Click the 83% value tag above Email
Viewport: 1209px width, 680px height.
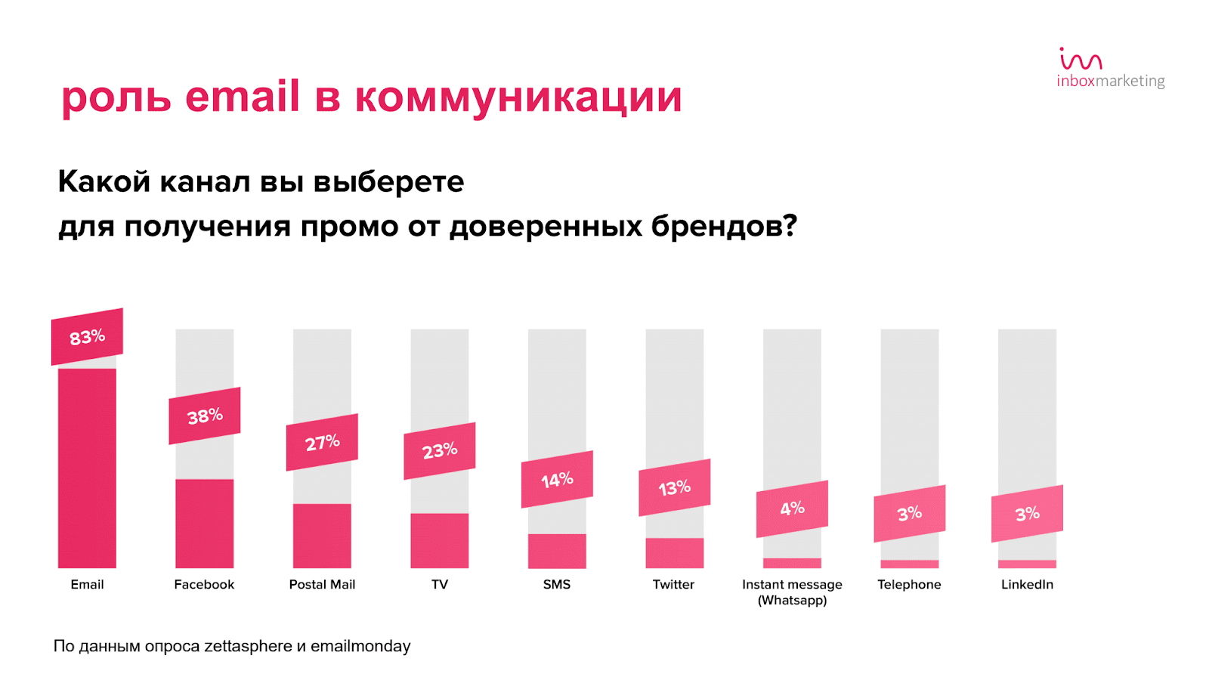coord(87,337)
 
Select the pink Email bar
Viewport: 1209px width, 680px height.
coord(87,468)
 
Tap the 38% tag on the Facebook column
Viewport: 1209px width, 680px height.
coord(205,416)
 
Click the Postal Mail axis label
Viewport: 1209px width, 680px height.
coord(322,584)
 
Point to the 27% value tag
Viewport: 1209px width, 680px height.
coord(322,443)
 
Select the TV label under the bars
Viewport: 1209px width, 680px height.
coord(440,584)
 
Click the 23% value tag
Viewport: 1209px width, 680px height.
coord(440,451)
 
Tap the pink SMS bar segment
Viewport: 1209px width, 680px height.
coord(557,551)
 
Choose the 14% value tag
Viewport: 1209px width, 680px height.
coord(557,480)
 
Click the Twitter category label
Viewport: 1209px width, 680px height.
coord(673,584)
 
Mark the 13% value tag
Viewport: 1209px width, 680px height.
coord(675,488)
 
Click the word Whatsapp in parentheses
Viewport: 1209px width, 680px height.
coord(793,601)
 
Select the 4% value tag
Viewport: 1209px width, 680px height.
coord(792,509)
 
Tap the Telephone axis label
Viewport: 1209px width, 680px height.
coord(909,584)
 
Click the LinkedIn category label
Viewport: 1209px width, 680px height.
coord(1027,584)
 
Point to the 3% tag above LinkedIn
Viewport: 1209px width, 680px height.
coord(1027,514)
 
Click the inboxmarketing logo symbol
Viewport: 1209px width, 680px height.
coord(1081,59)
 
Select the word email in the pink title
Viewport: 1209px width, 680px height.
coord(243,97)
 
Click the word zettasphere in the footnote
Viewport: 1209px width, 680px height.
coord(248,646)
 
